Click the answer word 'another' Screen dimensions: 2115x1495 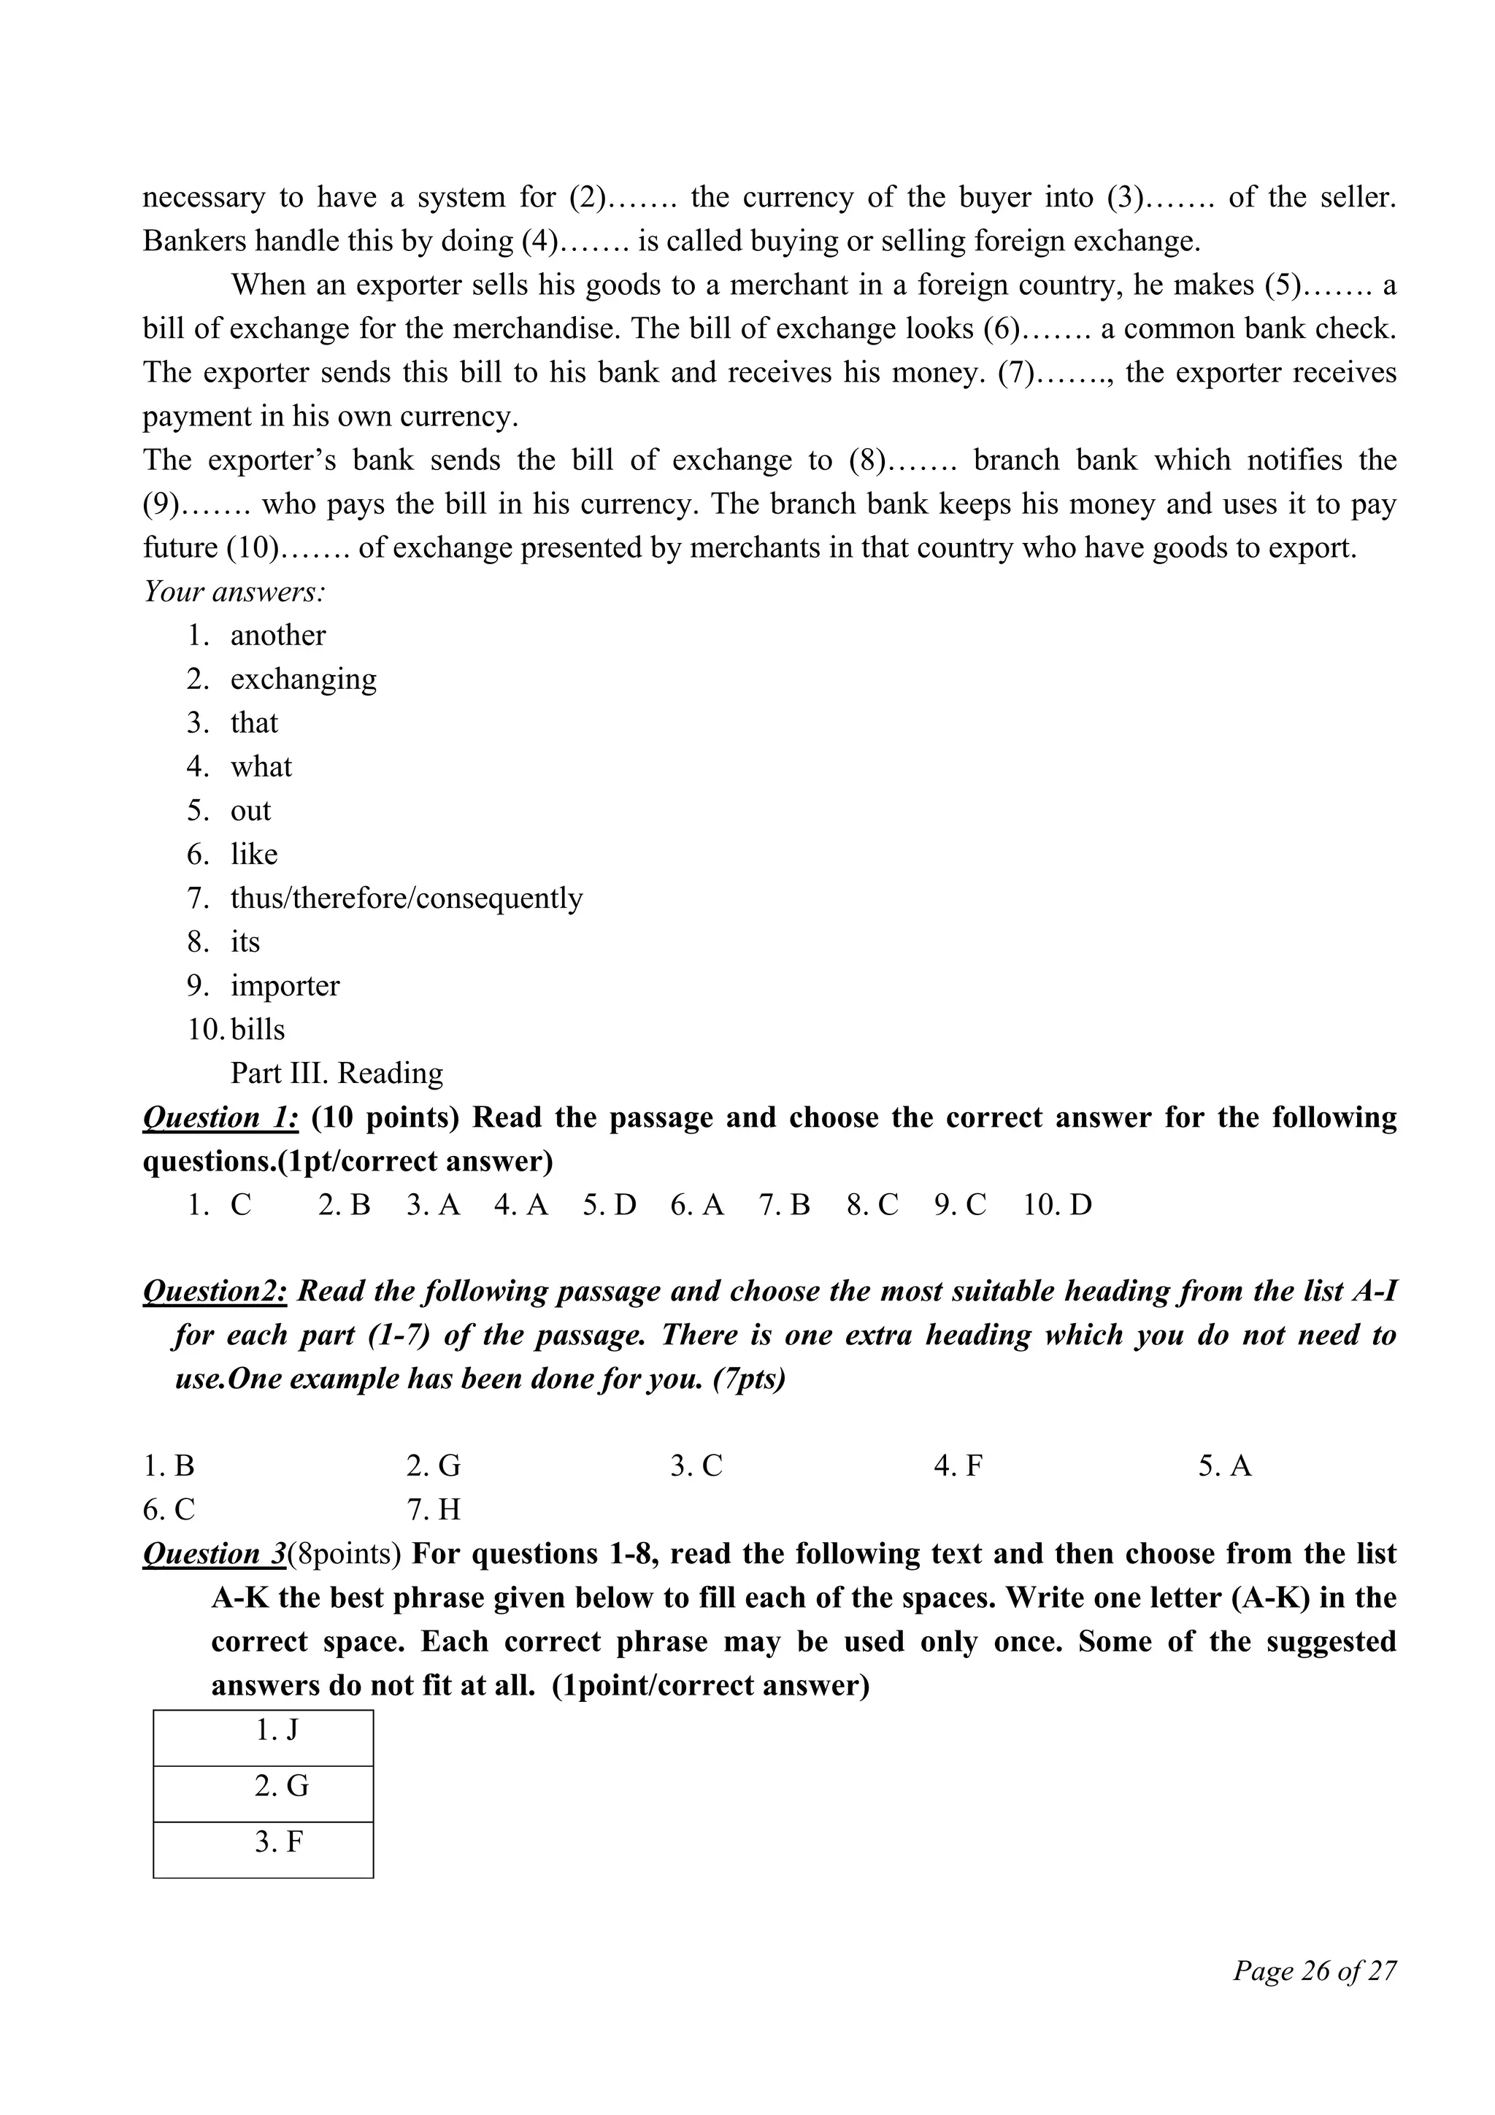coord(277,636)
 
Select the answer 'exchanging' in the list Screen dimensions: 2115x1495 coord(303,680)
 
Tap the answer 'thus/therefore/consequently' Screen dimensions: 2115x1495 coord(406,898)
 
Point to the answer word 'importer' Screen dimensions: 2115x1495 coord(285,986)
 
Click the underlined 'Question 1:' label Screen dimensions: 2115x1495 coord(220,1117)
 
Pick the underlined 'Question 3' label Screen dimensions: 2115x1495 coord(215,1554)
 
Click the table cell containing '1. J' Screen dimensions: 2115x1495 coord(264,1731)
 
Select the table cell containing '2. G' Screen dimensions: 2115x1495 coord(264,1787)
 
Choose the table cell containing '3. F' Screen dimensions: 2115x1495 coord(264,1844)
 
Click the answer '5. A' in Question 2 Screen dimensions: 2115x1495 coord(1224,1466)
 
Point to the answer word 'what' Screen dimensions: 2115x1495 coord(261,767)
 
